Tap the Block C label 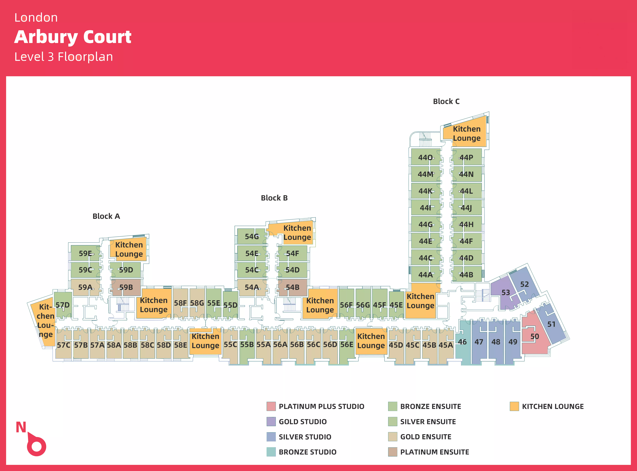446,102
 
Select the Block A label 106,216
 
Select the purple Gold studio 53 506,293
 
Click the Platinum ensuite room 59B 126,287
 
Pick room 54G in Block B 252,237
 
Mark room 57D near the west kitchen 63,305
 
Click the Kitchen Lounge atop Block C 466,133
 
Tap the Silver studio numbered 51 551,324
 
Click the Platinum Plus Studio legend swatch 271,406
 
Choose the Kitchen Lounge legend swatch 514,406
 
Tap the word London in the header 36,18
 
